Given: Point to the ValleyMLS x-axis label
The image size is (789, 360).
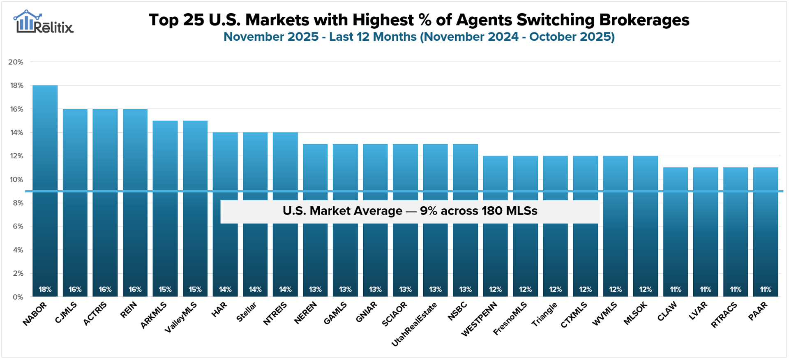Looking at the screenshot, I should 181,317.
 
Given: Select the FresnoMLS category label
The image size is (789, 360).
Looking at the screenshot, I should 510,318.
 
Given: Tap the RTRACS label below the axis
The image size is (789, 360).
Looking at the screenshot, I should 724,315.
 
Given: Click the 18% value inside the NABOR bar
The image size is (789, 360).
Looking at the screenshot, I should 45,289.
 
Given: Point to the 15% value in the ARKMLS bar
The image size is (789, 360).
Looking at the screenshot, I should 165,289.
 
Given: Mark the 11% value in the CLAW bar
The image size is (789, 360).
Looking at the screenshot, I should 676,289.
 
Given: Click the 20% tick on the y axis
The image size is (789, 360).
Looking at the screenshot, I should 16,62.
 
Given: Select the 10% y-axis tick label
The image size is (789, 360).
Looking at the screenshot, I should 16,180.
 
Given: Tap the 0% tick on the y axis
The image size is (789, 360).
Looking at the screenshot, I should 17,297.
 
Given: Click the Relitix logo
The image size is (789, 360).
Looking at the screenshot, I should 43,22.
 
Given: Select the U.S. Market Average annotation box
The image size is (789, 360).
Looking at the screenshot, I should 410,211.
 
